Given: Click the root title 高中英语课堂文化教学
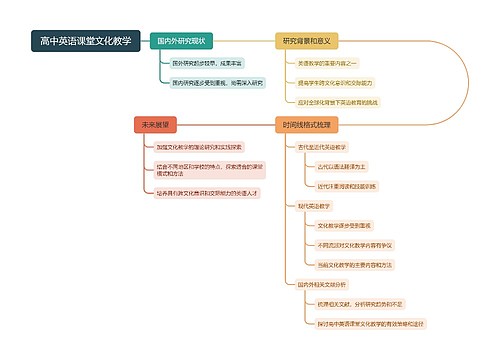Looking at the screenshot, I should click(85, 41).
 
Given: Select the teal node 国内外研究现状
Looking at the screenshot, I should click(181, 41).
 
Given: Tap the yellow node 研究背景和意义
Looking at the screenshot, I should click(307, 41).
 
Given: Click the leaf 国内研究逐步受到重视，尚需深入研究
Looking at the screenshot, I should click(217, 82).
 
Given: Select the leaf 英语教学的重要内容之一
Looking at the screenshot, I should click(331, 63).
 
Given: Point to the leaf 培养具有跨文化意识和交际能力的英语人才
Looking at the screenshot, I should click(204, 191).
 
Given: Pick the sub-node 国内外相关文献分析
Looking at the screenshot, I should click(321, 285).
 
